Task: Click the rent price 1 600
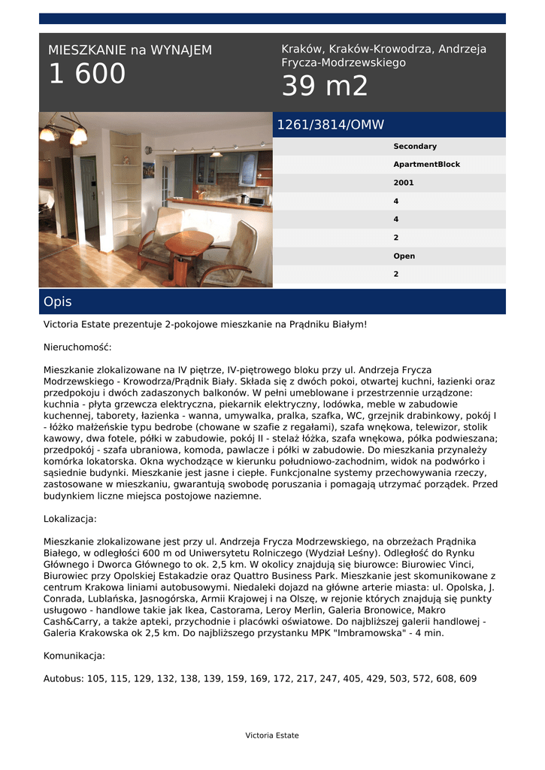87,74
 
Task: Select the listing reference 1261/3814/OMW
331,125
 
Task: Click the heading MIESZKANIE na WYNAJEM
130,50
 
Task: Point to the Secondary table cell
415,147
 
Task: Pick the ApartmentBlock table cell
426,165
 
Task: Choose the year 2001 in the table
404,183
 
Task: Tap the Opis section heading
58,302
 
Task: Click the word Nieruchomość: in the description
77,347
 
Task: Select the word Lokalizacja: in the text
70,519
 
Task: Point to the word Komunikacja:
74,656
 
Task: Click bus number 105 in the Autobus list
96,679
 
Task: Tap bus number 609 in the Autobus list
468,679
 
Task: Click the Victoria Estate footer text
272,735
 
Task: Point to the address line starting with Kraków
383,56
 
